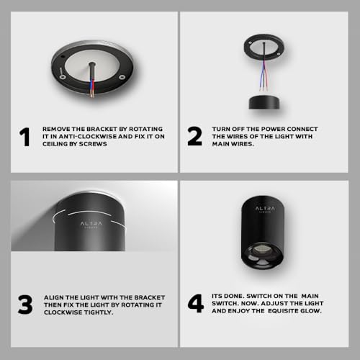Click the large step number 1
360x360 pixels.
[x=24, y=137]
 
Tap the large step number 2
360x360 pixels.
[x=194, y=136]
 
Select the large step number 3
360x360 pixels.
[x=25, y=305]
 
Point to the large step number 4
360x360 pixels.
[x=196, y=304]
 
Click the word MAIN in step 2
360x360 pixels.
[x=222, y=144]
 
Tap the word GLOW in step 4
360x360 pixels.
[x=314, y=311]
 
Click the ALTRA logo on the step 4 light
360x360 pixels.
[x=265, y=209]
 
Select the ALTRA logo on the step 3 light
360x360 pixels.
[x=91, y=225]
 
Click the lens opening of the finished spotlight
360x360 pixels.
[x=262, y=256]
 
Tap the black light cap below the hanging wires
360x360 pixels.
[x=264, y=102]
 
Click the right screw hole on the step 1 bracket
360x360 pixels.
[x=122, y=77]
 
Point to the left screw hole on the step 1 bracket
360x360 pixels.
[x=63, y=77]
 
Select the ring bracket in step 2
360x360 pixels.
[x=264, y=57]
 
